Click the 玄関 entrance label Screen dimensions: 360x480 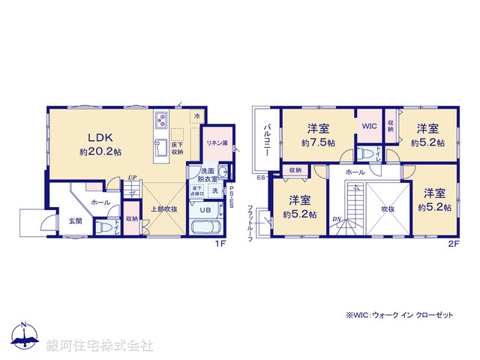click(x=76, y=220)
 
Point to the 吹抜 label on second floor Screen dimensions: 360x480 click(x=388, y=208)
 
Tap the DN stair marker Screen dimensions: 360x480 click(x=336, y=219)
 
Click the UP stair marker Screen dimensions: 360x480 click(x=133, y=178)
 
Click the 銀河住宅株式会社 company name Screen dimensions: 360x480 click(x=99, y=346)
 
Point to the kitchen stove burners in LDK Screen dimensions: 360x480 click(x=161, y=121)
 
